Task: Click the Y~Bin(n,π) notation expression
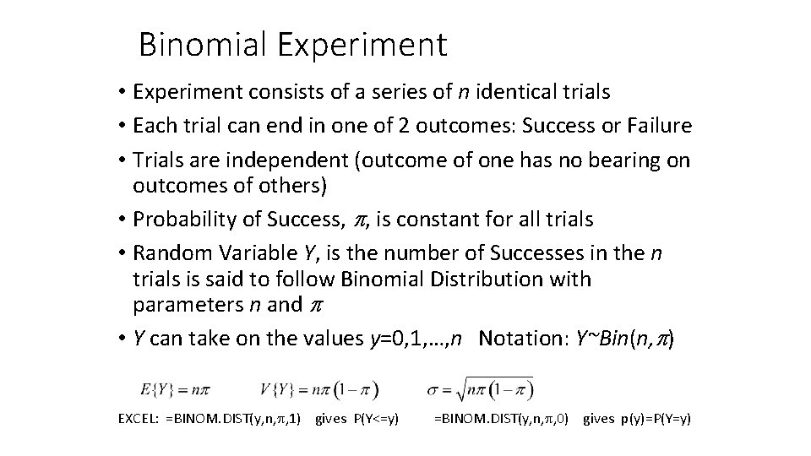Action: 624,338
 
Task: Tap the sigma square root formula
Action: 481,389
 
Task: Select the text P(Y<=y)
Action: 368,419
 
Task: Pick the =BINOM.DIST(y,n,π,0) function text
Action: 501,419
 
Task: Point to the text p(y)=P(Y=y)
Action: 650,419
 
